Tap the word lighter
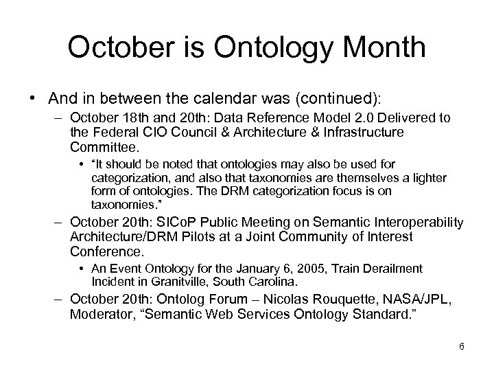pos(427,178)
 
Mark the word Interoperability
pos(421,223)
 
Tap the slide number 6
pos(462,346)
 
